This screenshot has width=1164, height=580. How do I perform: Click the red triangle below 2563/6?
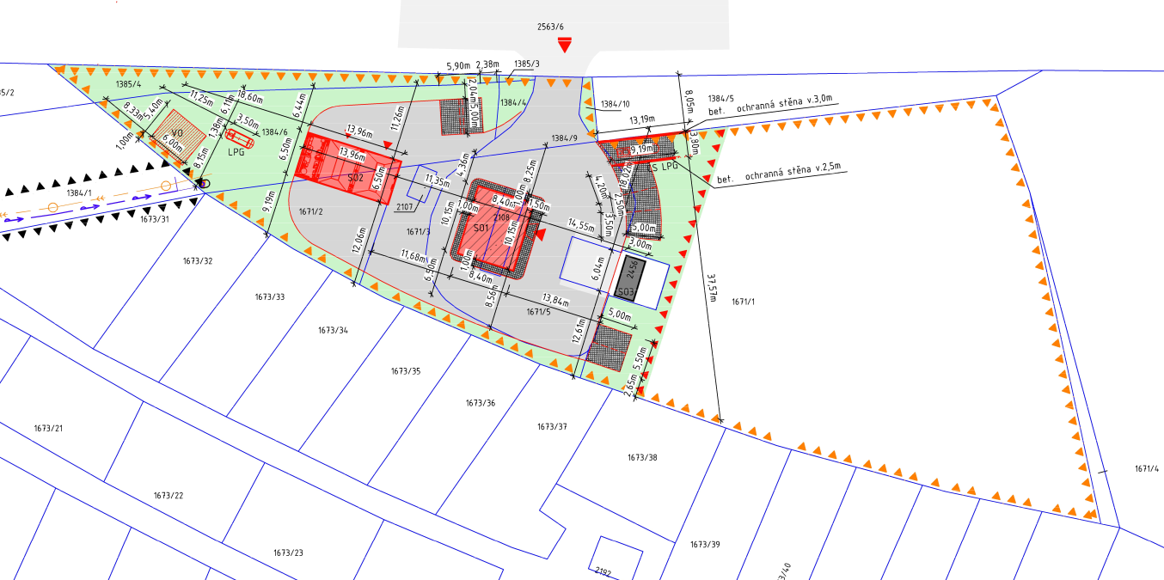564,45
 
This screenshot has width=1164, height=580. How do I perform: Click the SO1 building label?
481,229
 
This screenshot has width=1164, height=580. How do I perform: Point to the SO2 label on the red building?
355,177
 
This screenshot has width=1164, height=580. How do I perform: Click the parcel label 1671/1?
743,302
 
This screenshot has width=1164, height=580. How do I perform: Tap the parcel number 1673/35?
405,371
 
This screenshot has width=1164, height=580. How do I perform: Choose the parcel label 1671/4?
1146,468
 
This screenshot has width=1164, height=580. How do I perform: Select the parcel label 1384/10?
615,104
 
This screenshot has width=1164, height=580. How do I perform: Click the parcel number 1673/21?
49,428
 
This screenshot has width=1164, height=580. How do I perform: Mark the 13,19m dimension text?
642,119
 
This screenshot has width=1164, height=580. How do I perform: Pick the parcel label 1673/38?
642,457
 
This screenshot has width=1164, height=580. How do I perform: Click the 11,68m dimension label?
414,255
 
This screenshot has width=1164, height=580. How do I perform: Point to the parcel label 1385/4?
127,83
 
